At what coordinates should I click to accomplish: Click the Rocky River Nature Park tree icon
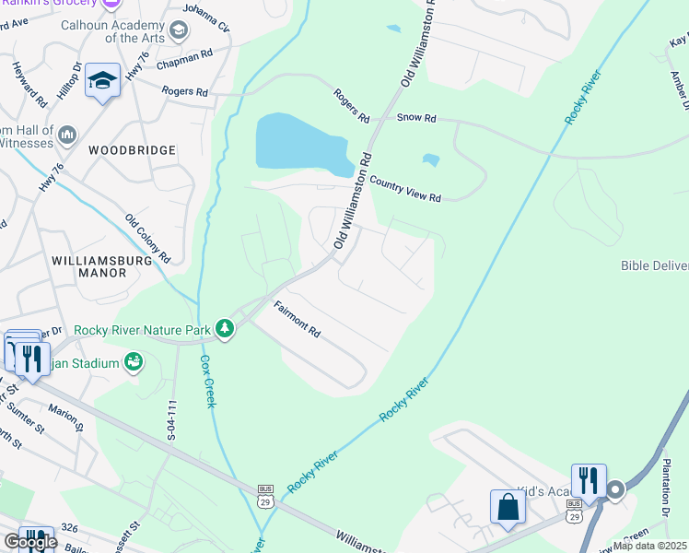click(224, 328)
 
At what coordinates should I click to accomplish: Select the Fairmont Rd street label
click(296, 318)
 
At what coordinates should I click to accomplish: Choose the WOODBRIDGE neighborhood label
click(132, 149)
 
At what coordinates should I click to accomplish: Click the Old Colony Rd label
click(148, 237)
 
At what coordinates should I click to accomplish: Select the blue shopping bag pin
click(508, 507)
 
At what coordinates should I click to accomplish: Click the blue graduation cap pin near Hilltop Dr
click(103, 81)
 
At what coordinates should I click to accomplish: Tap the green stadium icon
click(133, 363)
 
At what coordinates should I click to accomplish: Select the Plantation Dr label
click(666, 501)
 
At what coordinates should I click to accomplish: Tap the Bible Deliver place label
click(654, 266)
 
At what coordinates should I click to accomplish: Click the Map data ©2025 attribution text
click(649, 546)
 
